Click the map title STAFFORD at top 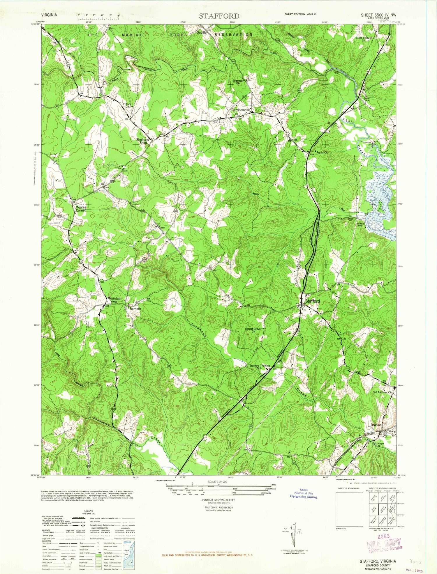[x=219, y=16]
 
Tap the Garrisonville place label [x=241, y=110]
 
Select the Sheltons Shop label [x=143, y=141]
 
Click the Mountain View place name [x=114, y=300]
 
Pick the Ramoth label [x=135, y=309]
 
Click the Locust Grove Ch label [x=253, y=330]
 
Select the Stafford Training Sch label [x=260, y=367]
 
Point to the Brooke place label [x=376, y=425]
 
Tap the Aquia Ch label [x=322, y=153]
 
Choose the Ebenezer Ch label [x=238, y=82]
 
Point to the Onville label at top [x=201, y=33]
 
